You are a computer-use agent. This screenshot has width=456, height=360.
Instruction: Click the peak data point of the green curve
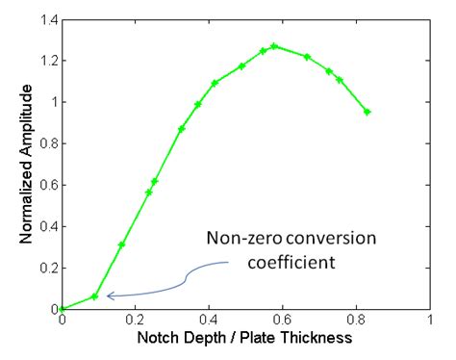pos(274,45)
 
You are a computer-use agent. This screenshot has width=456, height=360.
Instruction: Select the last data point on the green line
pos(367,112)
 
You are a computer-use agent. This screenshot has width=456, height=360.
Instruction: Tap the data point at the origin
pos(62,309)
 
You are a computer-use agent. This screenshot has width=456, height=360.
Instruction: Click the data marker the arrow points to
pos(94,296)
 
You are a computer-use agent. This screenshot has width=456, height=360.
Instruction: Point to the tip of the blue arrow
pos(106,296)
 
